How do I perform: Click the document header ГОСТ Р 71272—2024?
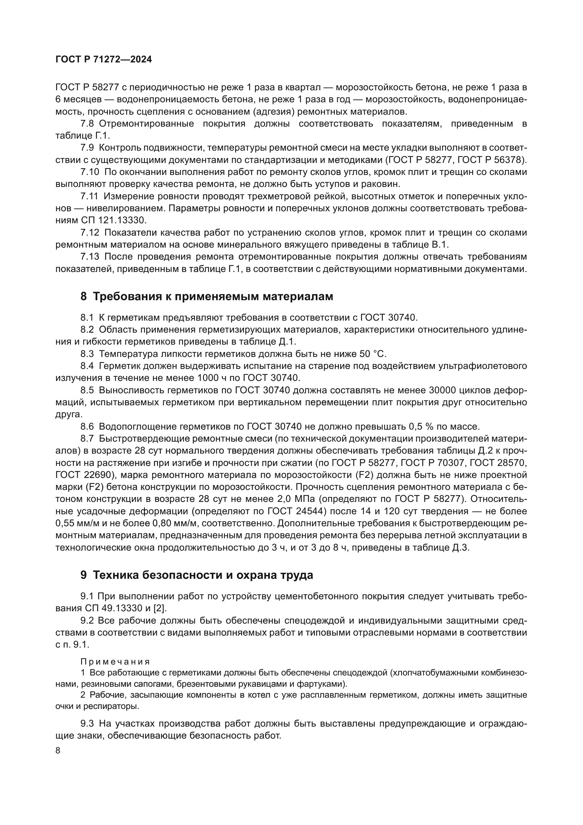click(x=103, y=60)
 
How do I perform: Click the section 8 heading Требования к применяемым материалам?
click(x=207, y=296)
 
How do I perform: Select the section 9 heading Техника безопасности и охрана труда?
click(x=197, y=575)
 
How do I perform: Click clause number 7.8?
click(x=87, y=124)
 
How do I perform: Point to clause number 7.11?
click(x=89, y=196)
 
